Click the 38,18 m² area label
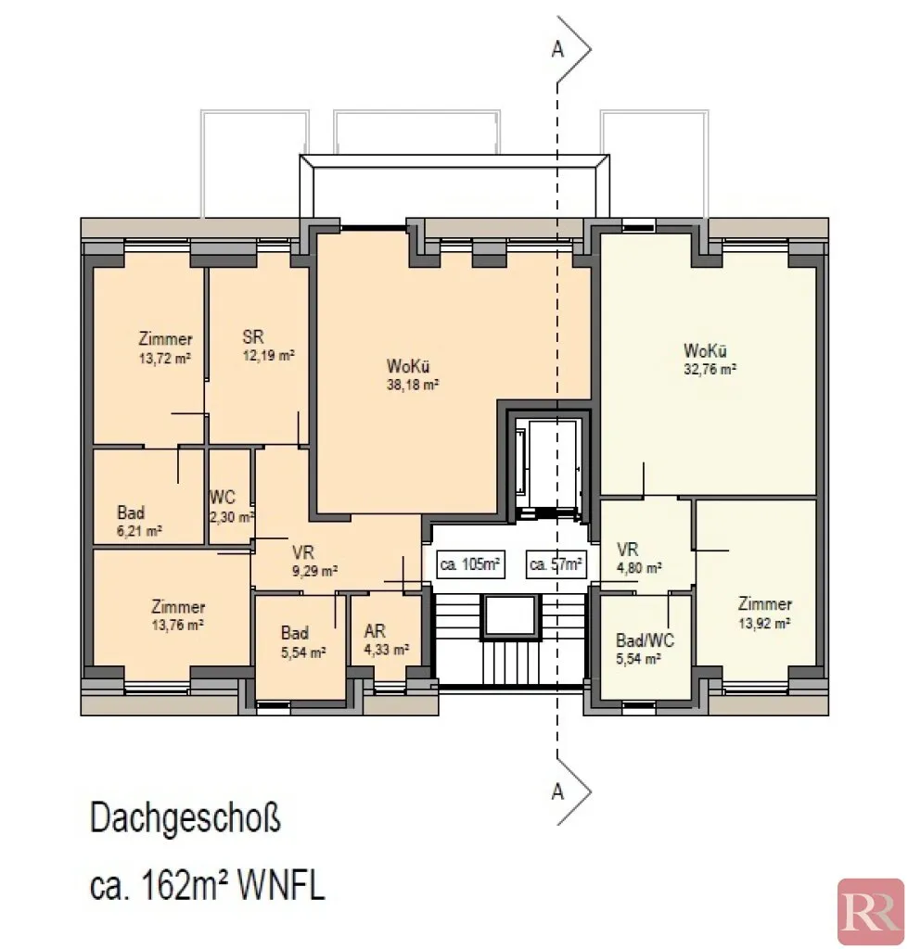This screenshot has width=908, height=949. tap(413, 385)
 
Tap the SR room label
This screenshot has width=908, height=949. tap(253, 336)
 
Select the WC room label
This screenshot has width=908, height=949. tap(223, 498)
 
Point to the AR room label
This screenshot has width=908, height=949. tap(375, 631)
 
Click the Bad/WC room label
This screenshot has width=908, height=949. tap(646, 640)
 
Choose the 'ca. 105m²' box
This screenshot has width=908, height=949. tap(470, 564)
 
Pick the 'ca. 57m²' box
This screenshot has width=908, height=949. tap(556, 564)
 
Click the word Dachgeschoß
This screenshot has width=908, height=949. tap(186, 819)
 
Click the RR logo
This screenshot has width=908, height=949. tap(871, 912)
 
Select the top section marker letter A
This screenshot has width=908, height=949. tap(558, 50)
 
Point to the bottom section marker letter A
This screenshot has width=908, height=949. tap(558, 791)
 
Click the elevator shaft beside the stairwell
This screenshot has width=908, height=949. tap(548, 466)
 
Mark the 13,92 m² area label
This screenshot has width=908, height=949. tap(764, 623)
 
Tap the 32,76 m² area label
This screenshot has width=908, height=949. tap(710, 369)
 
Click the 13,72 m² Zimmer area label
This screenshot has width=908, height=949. tap(165, 358)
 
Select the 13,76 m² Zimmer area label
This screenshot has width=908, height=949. tap(177, 625)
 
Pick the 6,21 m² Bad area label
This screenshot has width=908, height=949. tap(139, 531)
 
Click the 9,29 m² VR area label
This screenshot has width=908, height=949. tap(315, 570)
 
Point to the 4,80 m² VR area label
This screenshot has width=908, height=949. tap(639, 568)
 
